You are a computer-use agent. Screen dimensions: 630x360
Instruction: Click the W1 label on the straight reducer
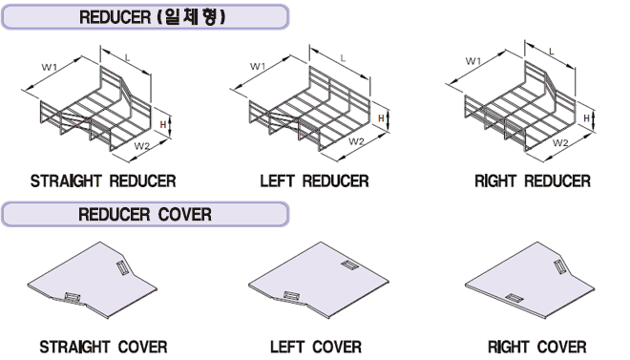point(49,67)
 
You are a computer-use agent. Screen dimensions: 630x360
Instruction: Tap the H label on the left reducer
point(381,118)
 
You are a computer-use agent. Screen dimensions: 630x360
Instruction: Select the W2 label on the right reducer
point(560,142)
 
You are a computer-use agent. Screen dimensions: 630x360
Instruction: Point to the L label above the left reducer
point(343,58)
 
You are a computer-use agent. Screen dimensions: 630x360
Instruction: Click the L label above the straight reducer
point(127,58)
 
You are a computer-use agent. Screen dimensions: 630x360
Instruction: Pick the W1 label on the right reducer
point(473,61)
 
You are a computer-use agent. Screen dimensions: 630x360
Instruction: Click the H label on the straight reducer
point(162,124)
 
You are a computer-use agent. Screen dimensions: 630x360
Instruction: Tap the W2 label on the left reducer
point(356,141)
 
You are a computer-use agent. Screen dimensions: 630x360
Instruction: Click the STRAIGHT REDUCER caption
point(103,180)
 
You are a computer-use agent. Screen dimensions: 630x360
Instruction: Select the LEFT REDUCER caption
point(314,180)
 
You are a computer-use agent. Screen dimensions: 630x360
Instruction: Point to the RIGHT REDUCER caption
point(533,180)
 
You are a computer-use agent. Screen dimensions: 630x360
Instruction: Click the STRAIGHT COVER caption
point(103,347)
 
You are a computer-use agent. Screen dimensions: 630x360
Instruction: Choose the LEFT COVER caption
point(315,347)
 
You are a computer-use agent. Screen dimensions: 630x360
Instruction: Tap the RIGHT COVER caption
point(536,347)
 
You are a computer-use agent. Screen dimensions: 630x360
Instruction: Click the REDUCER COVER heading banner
point(145,214)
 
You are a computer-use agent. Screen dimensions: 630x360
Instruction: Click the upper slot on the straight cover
point(123,267)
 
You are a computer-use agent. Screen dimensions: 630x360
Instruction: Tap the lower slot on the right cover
point(514,298)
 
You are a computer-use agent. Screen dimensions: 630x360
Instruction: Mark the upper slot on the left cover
point(349,265)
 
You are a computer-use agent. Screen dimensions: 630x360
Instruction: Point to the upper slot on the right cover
point(560,267)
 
